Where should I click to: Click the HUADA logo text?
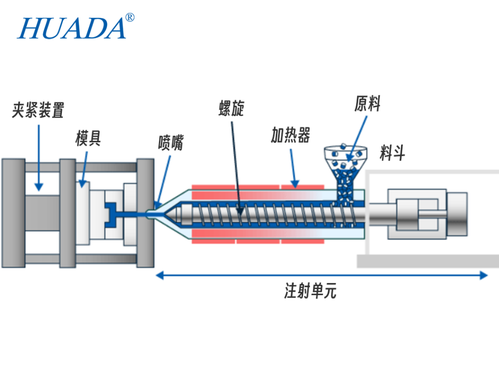pyautogui.click(x=72, y=28)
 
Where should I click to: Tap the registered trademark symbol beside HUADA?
pyautogui.click(x=130, y=18)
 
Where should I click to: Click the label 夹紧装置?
pyautogui.click(x=38, y=110)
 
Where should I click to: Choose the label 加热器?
pyautogui.click(x=290, y=135)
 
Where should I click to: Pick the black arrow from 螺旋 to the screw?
pyautogui.click(x=236, y=166)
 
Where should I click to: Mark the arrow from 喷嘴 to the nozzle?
pyautogui.click(x=164, y=178)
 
